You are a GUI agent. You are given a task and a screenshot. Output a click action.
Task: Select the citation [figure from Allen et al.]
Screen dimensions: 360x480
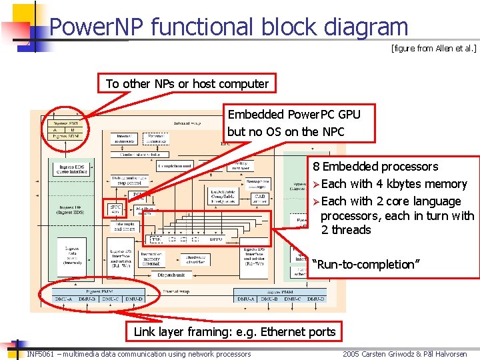click(434, 49)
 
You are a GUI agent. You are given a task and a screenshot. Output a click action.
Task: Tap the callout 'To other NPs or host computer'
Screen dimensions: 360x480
click(187, 84)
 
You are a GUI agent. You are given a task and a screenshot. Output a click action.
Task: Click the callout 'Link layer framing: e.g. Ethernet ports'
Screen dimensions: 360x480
click(235, 332)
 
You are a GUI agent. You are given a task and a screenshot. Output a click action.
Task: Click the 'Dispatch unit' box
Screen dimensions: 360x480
click(171, 275)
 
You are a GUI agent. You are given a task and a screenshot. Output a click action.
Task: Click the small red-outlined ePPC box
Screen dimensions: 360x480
click(115, 209)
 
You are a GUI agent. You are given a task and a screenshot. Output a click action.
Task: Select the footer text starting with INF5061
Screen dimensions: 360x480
click(139, 354)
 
